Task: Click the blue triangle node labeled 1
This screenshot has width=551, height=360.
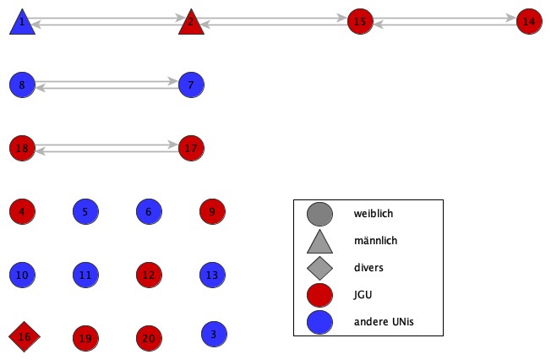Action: click(22, 23)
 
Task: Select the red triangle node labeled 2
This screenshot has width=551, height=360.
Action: click(191, 23)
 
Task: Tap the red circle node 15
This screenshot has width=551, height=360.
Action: click(360, 21)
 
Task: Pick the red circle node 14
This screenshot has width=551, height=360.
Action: click(529, 21)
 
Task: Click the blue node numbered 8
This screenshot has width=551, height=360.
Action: click(22, 85)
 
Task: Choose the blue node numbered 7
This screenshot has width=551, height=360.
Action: click(191, 85)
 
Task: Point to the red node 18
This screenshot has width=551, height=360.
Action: click(22, 149)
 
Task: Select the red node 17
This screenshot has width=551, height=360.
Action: click(191, 149)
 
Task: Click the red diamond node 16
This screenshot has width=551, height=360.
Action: click(24, 337)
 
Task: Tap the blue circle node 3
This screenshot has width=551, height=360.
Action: click(214, 334)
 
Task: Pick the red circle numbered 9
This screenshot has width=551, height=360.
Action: click(212, 211)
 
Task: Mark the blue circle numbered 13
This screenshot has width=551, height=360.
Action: click(212, 275)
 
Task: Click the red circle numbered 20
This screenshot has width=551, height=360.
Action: click(149, 338)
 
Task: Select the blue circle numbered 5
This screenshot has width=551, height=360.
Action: click(85, 211)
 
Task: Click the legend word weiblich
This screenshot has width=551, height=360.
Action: click(373, 214)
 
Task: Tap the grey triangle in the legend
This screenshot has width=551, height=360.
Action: click(319, 243)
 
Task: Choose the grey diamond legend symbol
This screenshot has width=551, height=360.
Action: click(319, 268)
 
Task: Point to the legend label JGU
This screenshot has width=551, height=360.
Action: click(363, 294)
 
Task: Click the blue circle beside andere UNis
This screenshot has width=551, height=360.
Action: click(319, 321)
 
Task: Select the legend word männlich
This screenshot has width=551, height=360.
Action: click(375, 241)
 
